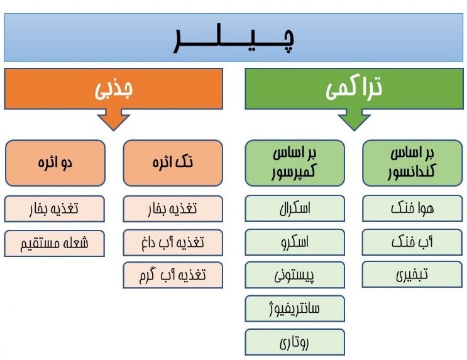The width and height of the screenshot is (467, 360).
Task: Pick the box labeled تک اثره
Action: (173, 163)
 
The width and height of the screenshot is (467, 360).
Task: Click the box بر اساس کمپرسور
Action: (295, 163)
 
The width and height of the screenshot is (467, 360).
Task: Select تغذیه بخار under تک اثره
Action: (173, 209)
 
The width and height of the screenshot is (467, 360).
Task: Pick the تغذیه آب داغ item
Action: (173, 242)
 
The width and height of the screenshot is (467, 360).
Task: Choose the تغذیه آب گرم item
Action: (173, 275)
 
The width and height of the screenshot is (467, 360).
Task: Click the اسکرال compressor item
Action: (295, 209)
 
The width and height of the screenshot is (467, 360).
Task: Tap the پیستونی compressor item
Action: (295, 275)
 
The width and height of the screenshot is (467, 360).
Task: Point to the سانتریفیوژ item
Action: (295, 308)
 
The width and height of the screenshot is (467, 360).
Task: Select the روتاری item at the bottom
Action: (295, 341)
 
